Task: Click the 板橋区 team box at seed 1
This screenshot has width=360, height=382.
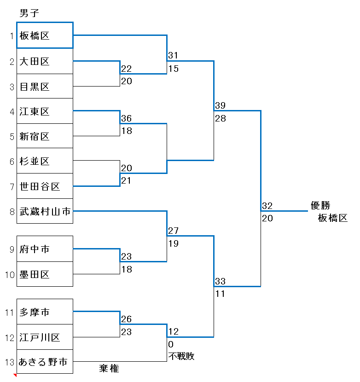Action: [45, 35]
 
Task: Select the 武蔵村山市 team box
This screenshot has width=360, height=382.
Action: [45, 211]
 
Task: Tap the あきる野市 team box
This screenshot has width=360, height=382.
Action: [45, 362]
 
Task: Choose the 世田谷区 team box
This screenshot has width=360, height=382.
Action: [45, 186]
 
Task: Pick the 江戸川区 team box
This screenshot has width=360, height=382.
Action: [45, 337]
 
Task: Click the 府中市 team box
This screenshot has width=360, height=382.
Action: [45, 249]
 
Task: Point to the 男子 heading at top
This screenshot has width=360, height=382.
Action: [29, 13]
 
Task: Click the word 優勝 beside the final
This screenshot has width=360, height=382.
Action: [320, 205]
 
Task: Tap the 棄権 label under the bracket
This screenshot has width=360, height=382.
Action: [109, 368]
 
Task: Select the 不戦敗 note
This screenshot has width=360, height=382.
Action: [181, 356]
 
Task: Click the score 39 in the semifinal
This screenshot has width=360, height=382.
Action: [221, 105]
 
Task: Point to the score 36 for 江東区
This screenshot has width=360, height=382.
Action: [127, 118]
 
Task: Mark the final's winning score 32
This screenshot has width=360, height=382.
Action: [267, 206]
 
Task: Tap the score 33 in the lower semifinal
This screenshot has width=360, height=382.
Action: [221, 281]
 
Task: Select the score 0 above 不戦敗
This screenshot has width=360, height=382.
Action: [171, 344]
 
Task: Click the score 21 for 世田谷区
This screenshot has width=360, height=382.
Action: [126, 180]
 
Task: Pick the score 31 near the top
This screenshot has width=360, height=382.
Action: [173, 55]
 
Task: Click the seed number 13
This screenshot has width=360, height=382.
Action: [10, 362]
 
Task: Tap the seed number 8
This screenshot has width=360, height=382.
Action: [12, 212]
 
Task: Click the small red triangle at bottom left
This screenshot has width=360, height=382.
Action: [15, 375]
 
